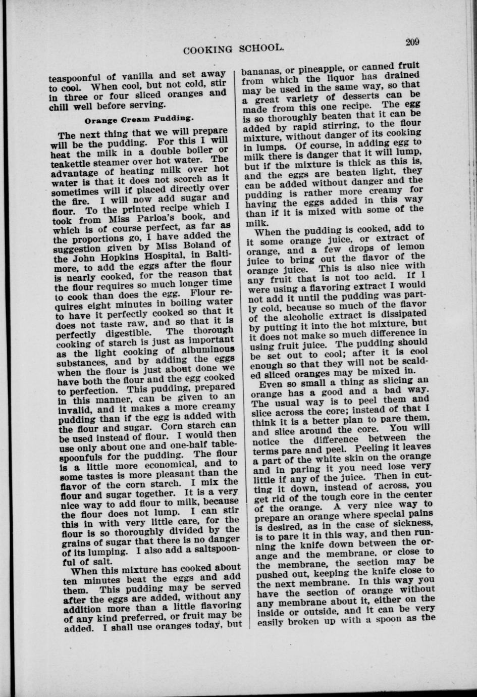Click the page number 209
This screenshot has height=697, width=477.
pyautogui.click(x=412, y=42)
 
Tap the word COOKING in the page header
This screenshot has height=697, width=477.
pyautogui.click(x=208, y=49)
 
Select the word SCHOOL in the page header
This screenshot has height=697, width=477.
pyautogui.click(x=259, y=48)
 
